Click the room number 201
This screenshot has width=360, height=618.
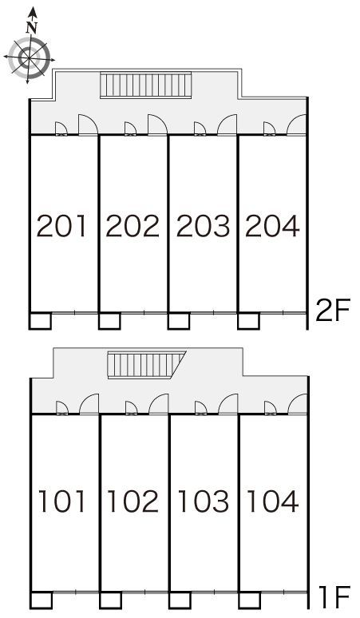pyautogui.click(x=61, y=226)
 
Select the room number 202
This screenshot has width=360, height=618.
pyautogui.click(x=133, y=226)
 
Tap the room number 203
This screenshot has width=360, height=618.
pyautogui.click(x=203, y=226)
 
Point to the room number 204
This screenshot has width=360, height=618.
pyautogui.click(x=272, y=226)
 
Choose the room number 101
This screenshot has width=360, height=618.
pyautogui.click(x=61, y=501)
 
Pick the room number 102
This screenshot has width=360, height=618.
pyautogui.click(x=133, y=501)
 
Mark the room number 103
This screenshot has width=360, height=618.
pyautogui.click(x=203, y=501)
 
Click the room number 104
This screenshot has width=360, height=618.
pyautogui.click(x=272, y=501)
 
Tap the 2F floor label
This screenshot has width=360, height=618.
pyautogui.click(x=333, y=311)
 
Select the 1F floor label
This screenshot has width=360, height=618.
pyautogui.click(x=334, y=597)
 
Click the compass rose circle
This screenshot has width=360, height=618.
pyautogui.click(x=30, y=58)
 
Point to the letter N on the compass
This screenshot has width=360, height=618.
pyautogui.click(x=31, y=28)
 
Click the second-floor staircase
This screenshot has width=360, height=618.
pyautogui.click(x=146, y=85)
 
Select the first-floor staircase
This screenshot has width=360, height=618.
pyautogui.click(x=147, y=365)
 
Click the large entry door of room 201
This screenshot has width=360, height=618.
pyautogui.click(x=89, y=125)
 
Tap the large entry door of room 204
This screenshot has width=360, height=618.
pyautogui.click(x=296, y=125)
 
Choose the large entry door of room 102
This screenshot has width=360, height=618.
pyautogui.click(x=159, y=404)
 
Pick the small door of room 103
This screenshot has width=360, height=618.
pyautogui.click(x=201, y=408)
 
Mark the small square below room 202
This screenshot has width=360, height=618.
pyautogui.click(x=109, y=320)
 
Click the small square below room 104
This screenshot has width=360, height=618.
pyautogui.click(x=249, y=600)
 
